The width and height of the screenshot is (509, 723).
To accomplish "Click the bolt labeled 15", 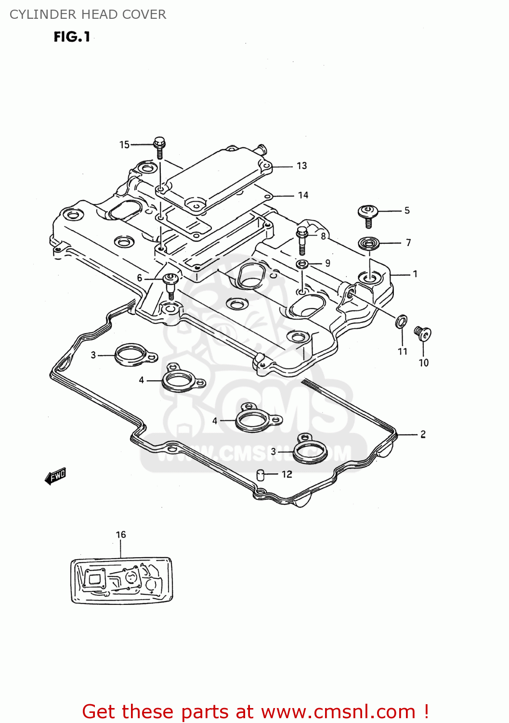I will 159,147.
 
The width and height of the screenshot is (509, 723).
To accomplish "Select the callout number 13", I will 302,166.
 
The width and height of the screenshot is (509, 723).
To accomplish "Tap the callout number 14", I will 303,195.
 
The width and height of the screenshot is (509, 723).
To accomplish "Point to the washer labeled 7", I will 369,243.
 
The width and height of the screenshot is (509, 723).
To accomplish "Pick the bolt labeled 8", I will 302,240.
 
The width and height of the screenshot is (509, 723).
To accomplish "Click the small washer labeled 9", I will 302,264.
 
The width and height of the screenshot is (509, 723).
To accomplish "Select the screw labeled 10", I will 422,333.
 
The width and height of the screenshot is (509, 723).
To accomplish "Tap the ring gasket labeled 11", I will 401,321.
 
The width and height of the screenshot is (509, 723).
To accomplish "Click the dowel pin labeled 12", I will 261,475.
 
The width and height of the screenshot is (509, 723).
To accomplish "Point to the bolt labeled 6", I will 170,284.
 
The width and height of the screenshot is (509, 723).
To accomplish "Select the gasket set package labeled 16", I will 121,580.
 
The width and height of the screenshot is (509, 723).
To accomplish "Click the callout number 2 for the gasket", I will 423,434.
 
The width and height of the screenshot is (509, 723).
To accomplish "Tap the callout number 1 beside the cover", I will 415,274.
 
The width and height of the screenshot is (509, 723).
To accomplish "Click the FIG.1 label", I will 72,37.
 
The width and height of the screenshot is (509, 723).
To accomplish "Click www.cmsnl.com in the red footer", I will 338,711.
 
